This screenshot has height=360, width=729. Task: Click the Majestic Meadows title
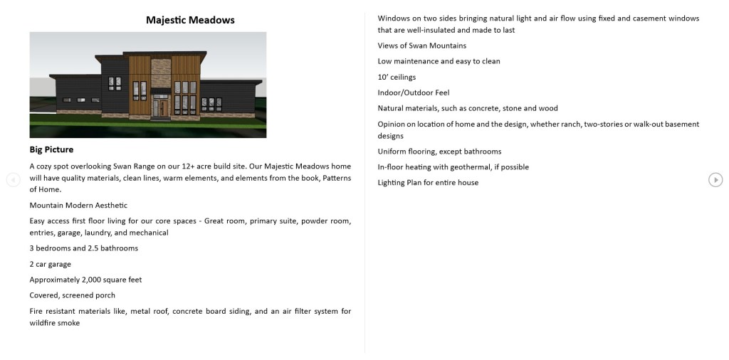click(x=190, y=20)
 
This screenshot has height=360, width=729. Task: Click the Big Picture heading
click(x=51, y=149)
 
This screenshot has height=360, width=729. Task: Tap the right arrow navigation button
click(x=715, y=180)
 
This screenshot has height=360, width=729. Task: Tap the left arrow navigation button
click(x=13, y=180)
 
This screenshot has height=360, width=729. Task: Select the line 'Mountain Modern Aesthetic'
click(x=78, y=205)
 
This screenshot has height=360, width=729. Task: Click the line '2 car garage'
click(x=51, y=264)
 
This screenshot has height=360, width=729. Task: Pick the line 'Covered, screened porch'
click(x=72, y=295)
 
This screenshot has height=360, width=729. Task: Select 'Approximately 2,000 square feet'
click(x=85, y=280)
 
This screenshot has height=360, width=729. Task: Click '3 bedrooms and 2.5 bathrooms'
click(x=83, y=248)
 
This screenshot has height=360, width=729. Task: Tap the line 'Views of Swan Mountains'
click(x=422, y=46)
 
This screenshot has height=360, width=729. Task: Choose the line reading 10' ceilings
click(x=397, y=77)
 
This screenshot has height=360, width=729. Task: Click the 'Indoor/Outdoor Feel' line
click(x=414, y=92)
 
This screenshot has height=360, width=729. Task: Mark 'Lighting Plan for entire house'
click(x=428, y=183)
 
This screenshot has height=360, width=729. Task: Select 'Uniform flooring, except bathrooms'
click(x=439, y=152)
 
